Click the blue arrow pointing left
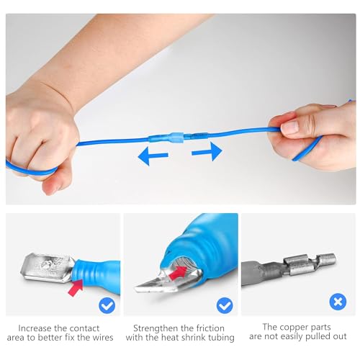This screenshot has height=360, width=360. tap(153, 154)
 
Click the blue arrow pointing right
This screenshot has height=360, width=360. tap(207, 151)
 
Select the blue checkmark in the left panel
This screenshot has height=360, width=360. tap(107, 305)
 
